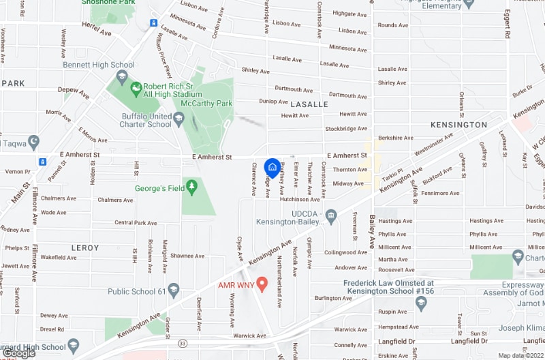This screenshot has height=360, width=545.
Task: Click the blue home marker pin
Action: pos(272,166)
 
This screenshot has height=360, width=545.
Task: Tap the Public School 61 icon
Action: pos(173,292)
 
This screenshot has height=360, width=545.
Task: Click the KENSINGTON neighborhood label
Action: pos(459,125)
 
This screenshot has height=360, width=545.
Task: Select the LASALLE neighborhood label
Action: pos(309,104)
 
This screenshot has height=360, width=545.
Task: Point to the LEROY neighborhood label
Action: pos(85,247)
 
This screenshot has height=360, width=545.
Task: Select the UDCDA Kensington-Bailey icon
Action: pos(332,216)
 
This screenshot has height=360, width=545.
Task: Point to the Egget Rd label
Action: pos(508,24)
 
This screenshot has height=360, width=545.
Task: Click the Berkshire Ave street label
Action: pos(392,138)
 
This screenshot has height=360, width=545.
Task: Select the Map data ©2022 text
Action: pos(520,355)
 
